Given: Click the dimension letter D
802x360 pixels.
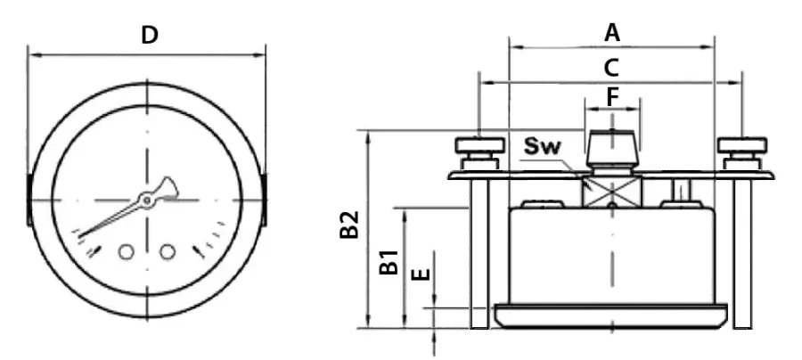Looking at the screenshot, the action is (150, 36).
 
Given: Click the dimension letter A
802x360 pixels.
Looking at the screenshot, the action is (612, 33).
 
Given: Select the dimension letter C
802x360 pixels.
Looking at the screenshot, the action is (611, 68).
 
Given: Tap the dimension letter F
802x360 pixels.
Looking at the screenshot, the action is (613, 97).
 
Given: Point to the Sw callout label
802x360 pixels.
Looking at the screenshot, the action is (543, 147).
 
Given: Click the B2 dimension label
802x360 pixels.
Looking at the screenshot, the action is (349, 225).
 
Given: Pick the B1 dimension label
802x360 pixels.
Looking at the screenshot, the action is (389, 262).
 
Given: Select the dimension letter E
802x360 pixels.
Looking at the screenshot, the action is (421, 274).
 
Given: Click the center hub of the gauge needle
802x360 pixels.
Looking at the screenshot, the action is (147, 200).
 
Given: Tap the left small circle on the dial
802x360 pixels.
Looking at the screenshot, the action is (127, 251).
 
